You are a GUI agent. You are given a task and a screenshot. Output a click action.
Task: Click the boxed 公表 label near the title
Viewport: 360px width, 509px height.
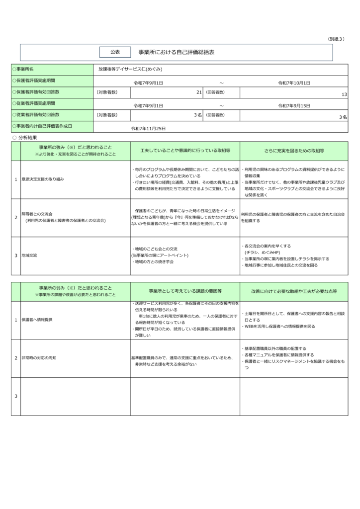(x=115, y=52)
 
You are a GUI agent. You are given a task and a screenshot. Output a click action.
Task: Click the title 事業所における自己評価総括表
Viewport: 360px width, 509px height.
(x=177, y=52)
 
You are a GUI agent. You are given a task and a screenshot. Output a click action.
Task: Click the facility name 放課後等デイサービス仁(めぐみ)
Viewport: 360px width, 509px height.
(x=131, y=69)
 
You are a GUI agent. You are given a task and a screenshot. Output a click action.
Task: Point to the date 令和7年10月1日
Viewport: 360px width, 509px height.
(x=294, y=83)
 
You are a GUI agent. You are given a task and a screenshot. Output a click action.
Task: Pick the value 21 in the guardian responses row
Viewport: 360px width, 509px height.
(x=199, y=92)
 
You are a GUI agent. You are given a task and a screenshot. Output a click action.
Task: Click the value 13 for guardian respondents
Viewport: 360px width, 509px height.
(x=344, y=94)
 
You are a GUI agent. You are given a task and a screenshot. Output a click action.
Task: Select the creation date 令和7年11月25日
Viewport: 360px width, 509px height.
(x=148, y=128)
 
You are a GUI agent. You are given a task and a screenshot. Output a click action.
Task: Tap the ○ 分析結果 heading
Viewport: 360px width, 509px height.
(x=25, y=137)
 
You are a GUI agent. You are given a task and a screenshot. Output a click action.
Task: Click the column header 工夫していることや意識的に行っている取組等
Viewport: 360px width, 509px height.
(x=184, y=150)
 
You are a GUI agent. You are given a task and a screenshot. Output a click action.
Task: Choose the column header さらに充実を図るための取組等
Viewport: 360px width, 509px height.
(x=294, y=150)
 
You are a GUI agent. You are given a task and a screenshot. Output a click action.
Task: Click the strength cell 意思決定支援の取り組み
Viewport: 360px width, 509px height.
(x=43, y=178)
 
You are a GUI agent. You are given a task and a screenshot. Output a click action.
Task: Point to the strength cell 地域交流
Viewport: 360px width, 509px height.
(x=29, y=255)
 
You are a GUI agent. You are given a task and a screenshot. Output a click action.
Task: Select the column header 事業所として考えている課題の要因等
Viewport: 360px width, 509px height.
(x=184, y=291)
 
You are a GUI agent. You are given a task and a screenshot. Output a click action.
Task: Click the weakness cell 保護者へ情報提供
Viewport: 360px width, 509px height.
(x=37, y=320)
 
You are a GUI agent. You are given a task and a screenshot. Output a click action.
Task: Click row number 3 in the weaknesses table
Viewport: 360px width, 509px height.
(x=16, y=396)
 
